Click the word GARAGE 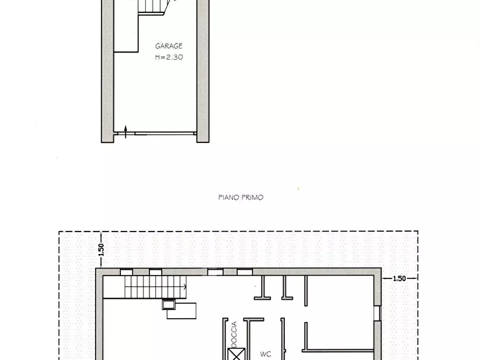click(169, 46)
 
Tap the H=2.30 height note click(169, 56)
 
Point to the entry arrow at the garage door click(126, 131)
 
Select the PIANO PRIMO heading click(241, 198)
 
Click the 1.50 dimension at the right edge click(399, 278)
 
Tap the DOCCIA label click(233, 333)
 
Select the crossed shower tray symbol click(234, 355)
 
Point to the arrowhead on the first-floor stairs click(183, 287)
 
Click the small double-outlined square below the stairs click(168, 305)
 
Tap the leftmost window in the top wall click(127, 272)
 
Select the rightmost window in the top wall click(245, 272)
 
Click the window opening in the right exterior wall click(377, 313)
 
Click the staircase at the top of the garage click(154, 8)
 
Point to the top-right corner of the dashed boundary click(418, 232)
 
